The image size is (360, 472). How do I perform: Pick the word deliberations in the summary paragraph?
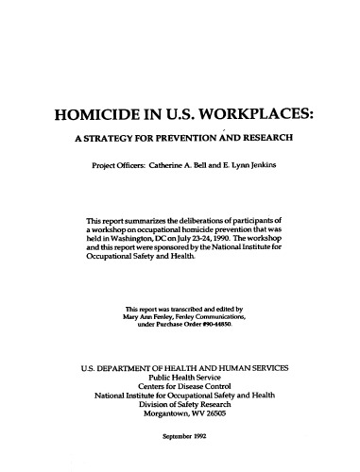(191, 221)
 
